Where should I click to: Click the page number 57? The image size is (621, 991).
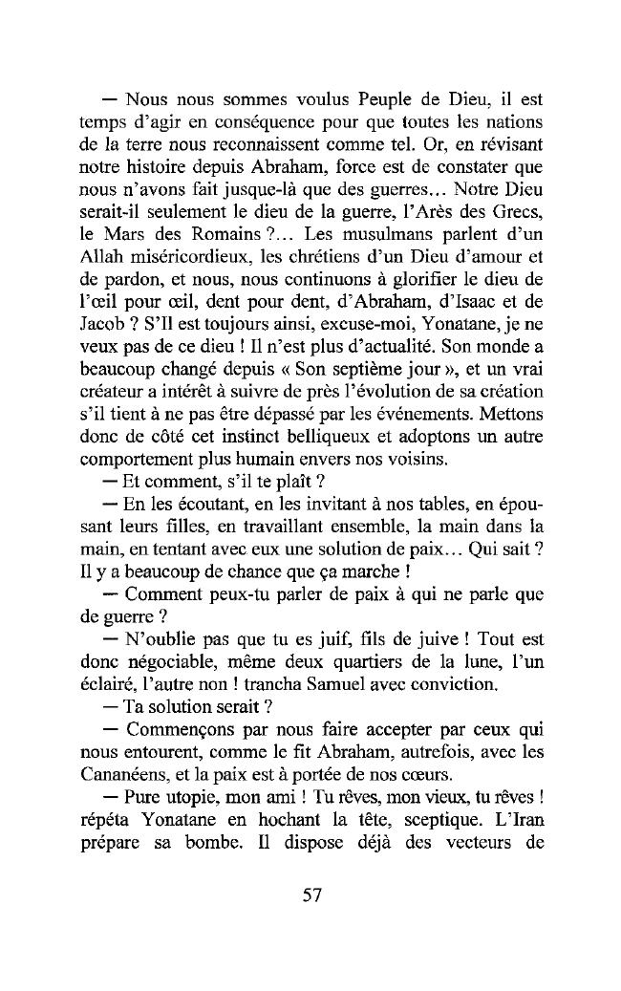click(x=310, y=895)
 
